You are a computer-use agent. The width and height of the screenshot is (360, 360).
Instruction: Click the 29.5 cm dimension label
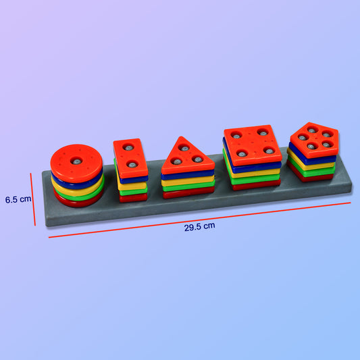199,227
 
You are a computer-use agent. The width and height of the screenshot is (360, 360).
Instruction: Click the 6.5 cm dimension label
18,200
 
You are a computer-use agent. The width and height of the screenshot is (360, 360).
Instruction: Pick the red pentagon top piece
314,138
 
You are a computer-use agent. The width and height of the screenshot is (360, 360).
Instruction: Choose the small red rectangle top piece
130,157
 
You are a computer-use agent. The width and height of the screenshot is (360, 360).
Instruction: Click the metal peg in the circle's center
77,161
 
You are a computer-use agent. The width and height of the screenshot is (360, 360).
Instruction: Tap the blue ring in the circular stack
76,180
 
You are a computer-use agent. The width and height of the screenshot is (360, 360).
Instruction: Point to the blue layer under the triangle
188,174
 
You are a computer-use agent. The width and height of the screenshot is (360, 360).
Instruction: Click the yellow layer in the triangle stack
188,180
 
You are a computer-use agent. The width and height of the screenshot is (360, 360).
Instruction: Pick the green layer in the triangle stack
188,186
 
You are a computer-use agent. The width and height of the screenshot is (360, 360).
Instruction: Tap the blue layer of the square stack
253,165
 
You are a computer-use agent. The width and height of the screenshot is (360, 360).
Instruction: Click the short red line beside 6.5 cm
32,200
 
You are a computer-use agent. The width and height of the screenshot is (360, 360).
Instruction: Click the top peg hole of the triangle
184,148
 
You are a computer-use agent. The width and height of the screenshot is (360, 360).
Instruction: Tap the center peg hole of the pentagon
314,138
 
